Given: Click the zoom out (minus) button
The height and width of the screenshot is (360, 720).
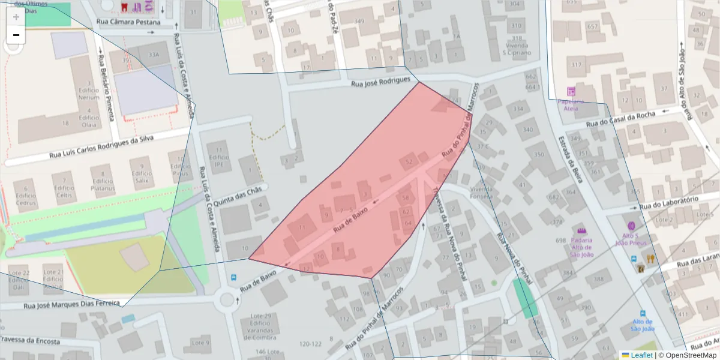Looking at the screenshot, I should [x=16, y=35].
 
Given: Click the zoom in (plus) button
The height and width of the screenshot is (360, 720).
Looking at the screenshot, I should [x=16, y=17].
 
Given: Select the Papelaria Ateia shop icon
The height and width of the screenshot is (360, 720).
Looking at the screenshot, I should [x=571, y=92].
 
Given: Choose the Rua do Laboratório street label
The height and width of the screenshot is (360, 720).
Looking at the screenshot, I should [x=669, y=203].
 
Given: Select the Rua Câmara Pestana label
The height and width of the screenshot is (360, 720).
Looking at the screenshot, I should [x=128, y=22].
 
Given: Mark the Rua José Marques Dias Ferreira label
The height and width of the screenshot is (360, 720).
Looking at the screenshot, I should [x=71, y=304].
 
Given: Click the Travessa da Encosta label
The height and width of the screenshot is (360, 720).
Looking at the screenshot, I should [x=30, y=341].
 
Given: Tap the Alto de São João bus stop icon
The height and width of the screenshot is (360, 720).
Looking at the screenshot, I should [x=643, y=314].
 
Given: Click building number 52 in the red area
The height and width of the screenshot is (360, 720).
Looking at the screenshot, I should [x=410, y=161].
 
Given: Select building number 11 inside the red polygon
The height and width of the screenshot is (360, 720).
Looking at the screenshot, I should [x=302, y=227].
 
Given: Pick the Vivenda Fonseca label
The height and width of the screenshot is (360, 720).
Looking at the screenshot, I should [x=481, y=192].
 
